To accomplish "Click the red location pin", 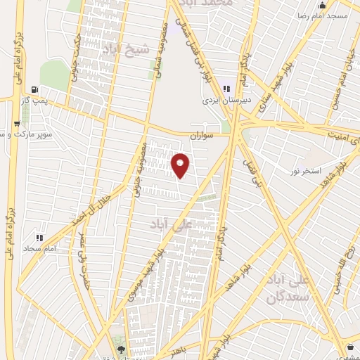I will coord(181,165).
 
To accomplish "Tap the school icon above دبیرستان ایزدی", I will coord(226,89).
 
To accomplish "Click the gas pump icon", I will coord(35,90).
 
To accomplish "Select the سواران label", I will coord(205,134).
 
